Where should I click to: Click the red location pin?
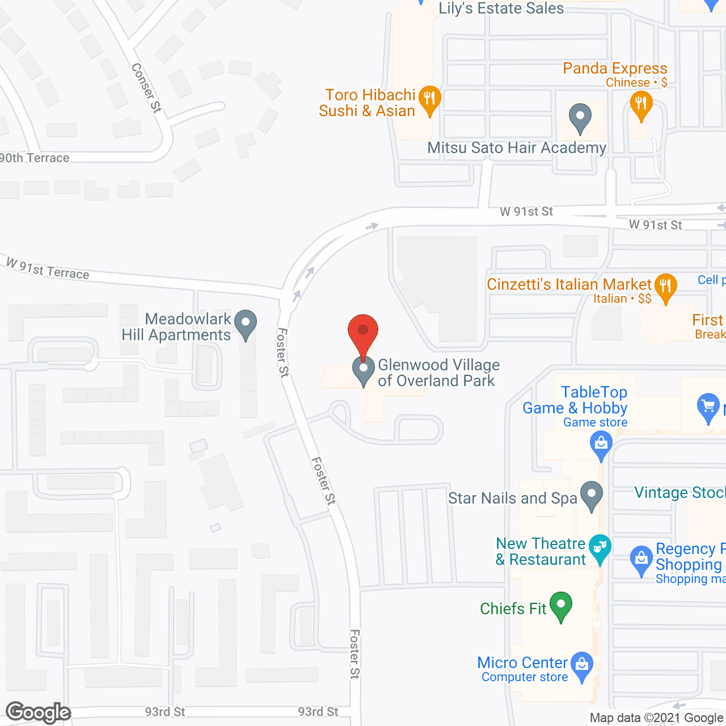point(363,331)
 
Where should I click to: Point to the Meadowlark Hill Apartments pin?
point(246,324)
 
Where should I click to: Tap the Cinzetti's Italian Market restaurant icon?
point(665,286)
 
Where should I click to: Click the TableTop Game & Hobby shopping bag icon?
point(601,444)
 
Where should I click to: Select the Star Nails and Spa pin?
point(592,495)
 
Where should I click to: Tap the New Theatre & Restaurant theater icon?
point(600,548)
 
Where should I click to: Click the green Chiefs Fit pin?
point(561,605)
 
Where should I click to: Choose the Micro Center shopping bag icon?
point(582,665)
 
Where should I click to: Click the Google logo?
point(39,712)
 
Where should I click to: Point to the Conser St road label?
point(146,88)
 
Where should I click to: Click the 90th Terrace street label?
point(35,158)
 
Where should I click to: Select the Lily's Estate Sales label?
point(501,9)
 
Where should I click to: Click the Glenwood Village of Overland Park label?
point(438,373)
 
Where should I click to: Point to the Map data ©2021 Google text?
point(657,718)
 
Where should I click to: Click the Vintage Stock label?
point(679,492)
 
